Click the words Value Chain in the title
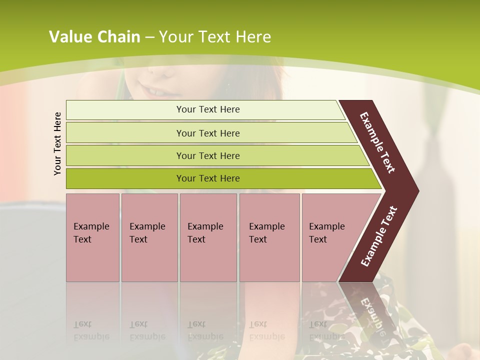coord(94,37)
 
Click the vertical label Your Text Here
coord(57,143)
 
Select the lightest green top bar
coord(125,109)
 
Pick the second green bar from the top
coord(125,133)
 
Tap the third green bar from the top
coord(125,155)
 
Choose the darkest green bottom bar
coord(125,178)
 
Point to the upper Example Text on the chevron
coord(377,142)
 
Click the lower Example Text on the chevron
coord(379,236)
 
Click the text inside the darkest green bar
coord(208,178)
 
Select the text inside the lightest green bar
coord(208,109)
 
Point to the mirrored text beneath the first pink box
coord(91,331)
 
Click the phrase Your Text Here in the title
coord(215,37)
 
